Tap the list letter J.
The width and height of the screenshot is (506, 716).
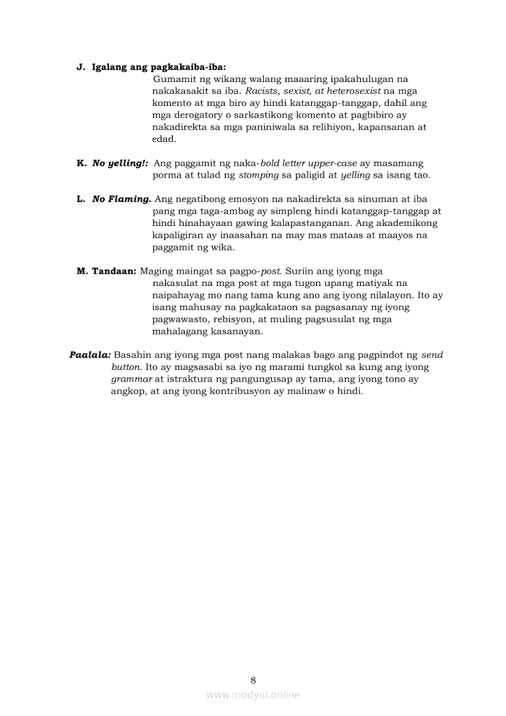pos(80,67)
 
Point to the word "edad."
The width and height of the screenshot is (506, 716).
pos(164,139)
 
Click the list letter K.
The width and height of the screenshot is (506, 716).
pos(81,164)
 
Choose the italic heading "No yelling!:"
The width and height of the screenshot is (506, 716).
pos(120,164)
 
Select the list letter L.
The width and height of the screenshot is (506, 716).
pos(80,199)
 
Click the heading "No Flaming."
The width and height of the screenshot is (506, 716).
pos(121,199)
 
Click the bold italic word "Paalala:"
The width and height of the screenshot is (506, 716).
pos(90,355)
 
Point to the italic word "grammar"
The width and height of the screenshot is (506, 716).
pos(132,379)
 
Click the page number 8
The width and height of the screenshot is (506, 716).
pos(253,680)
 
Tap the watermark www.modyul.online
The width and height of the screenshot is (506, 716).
pos(253,695)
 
